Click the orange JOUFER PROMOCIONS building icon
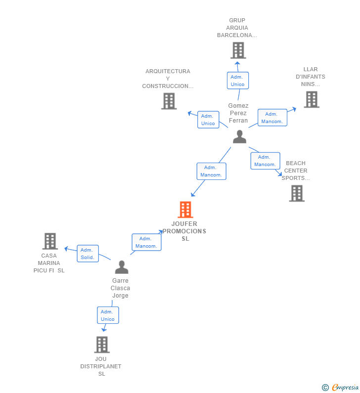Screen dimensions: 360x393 pos(185,210)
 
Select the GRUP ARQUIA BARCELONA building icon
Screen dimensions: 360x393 pos(238,50)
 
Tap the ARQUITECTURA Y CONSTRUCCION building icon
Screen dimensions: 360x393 pos(169,101)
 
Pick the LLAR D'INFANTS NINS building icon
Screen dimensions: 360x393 pos(312,99)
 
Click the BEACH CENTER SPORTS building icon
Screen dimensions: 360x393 pos(297,193)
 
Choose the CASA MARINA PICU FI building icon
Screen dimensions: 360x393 pos(50,241)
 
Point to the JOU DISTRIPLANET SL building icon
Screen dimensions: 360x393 pos(102,345)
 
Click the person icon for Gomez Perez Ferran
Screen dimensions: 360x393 pos(239,136)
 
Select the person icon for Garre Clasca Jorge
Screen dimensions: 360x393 pos(122,267)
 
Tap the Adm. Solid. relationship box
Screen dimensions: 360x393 pos(88,254)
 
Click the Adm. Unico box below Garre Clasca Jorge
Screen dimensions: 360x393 pos(108,315)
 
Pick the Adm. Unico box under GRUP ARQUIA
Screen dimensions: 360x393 pos(238,81)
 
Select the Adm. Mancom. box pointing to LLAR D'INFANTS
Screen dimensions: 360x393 pos(272,118)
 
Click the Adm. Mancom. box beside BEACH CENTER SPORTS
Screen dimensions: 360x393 pos(265,161)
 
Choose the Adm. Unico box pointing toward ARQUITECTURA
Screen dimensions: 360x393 pos(208,120)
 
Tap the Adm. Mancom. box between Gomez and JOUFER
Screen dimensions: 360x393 pos(211,171)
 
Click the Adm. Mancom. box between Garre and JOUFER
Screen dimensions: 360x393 pos(146,242)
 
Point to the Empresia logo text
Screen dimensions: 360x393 pos(345,387)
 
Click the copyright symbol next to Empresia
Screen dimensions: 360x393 pos(325,388)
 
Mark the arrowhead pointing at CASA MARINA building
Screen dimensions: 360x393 pos(66,249)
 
